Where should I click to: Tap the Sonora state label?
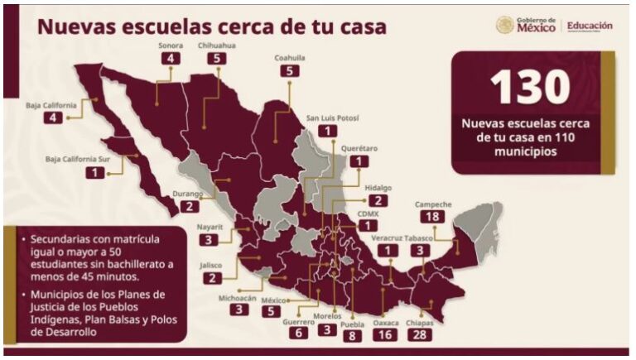(x=171, y=46)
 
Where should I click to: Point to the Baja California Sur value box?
(x=99, y=172)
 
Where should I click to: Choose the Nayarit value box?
(x=209, y=240)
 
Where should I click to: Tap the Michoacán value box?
(x=240, y=310)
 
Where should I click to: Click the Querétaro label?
(x=359, y=148)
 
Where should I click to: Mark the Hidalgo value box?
(x=378, y=200)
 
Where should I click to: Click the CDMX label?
(x=366, y=213)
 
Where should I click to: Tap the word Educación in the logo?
(x=590, y=26)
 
